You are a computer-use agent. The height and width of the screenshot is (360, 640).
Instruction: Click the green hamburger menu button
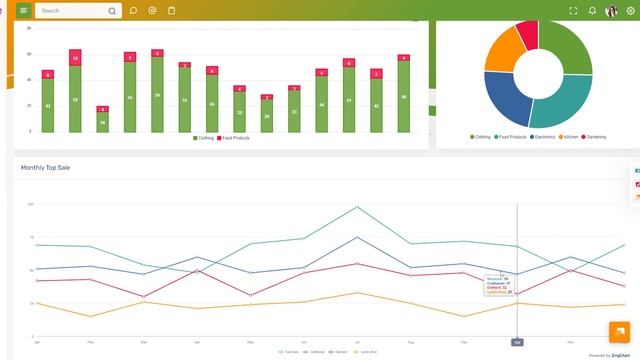coord(23,10)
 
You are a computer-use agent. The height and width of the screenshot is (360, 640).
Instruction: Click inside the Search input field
coord(70,11)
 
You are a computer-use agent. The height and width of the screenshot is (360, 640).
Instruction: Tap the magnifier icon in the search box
coord(111,11)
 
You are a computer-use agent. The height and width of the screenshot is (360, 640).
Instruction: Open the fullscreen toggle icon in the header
coord(573,11)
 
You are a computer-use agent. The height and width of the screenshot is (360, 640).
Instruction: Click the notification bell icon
coord(592,11)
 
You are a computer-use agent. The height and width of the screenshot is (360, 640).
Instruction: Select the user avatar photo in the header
coord(611,11)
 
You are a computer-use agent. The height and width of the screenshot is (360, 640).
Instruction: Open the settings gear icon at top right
coord(630,11)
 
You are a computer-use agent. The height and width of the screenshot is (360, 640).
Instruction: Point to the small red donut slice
coord(528,33)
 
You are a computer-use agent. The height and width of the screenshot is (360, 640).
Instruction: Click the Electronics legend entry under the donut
coord(545,137)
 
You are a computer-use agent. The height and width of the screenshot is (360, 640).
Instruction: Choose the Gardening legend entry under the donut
coord(594,137)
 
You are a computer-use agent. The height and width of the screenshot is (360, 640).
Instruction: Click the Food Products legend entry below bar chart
coord(233,138)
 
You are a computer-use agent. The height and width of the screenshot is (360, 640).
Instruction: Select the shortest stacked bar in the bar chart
coord(102,120)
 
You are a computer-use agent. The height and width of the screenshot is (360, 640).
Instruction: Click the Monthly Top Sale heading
coord(45,168)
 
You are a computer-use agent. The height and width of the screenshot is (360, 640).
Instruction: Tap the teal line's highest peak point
coord(357,207)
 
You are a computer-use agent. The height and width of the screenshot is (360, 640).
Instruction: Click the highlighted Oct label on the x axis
coord(517,342)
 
